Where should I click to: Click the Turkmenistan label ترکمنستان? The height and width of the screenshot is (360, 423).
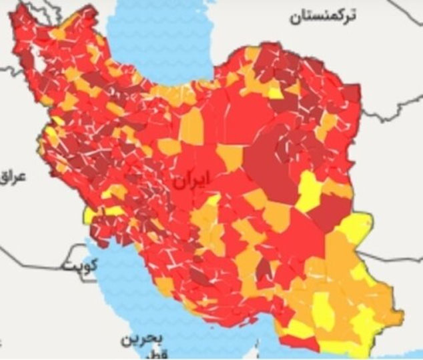(322, 15)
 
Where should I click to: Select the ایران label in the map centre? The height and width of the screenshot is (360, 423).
(191, 180)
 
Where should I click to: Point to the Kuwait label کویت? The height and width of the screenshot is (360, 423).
(79, 265)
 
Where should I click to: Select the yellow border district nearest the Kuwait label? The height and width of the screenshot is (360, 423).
(89, 215)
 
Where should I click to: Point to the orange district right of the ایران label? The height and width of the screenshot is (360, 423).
(230, 158)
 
